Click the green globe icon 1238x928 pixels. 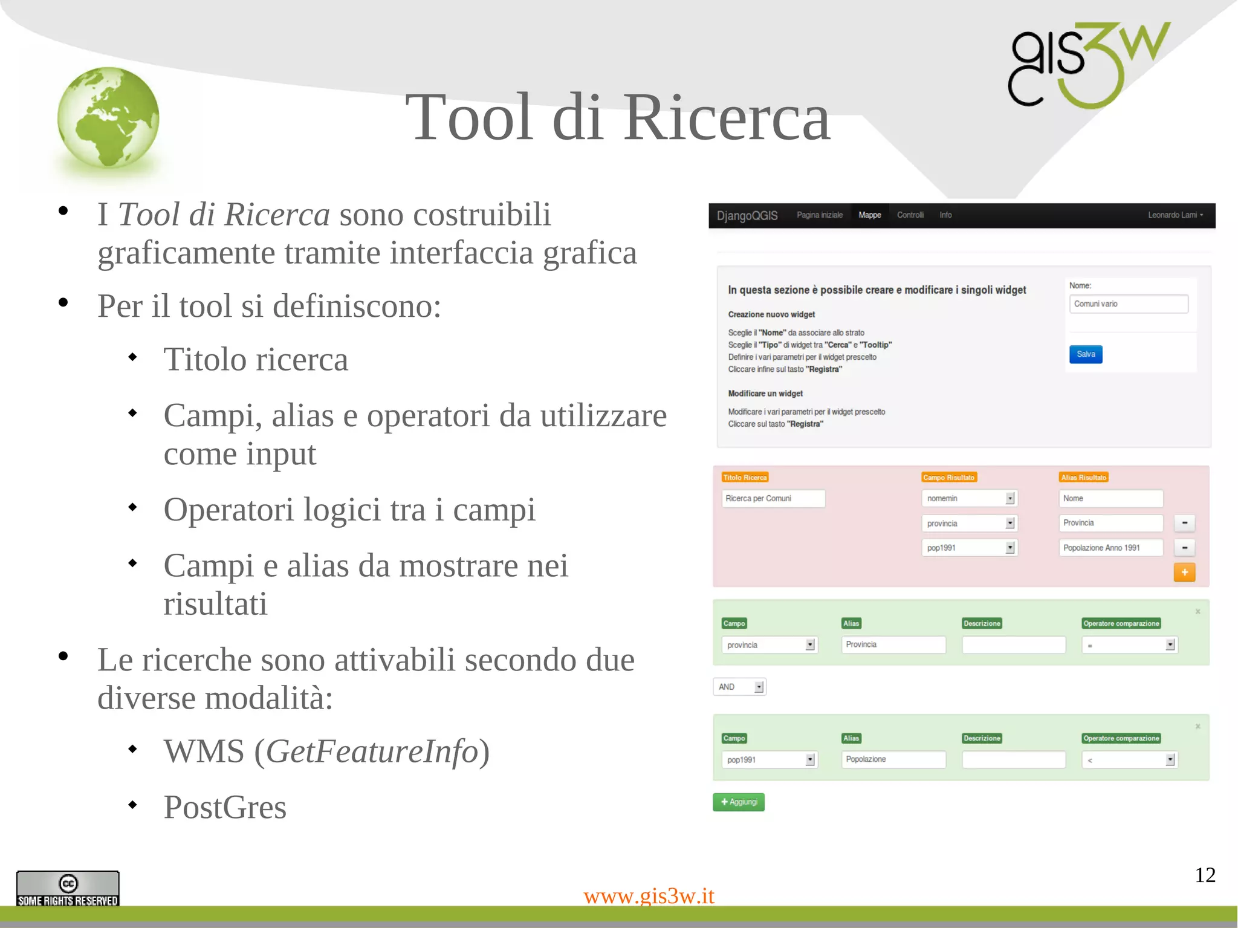point(108,117)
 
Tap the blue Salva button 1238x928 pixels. point(1085,354)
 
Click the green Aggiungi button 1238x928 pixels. point(738,802)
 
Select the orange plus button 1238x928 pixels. point(1184,572)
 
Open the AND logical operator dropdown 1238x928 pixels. point(739,687)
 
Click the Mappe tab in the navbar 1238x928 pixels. point(869,215)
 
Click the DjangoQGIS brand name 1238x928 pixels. point(747,216)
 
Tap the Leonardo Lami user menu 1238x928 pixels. point(1175,215)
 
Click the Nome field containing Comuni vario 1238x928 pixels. point(1128,304)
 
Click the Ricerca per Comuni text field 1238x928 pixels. point(773,498)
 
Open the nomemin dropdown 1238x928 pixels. point(969,498)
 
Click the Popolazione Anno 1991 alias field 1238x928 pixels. point(1110,548)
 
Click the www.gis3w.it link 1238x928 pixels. point(649,895)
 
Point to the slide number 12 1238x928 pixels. point(1205,875)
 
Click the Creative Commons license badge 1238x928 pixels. point(68,888)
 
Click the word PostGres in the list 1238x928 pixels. point(225,807)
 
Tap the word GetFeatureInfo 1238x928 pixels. point(372,751)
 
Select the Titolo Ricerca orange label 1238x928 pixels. point(745,478)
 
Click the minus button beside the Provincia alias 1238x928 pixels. point(1184,523)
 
